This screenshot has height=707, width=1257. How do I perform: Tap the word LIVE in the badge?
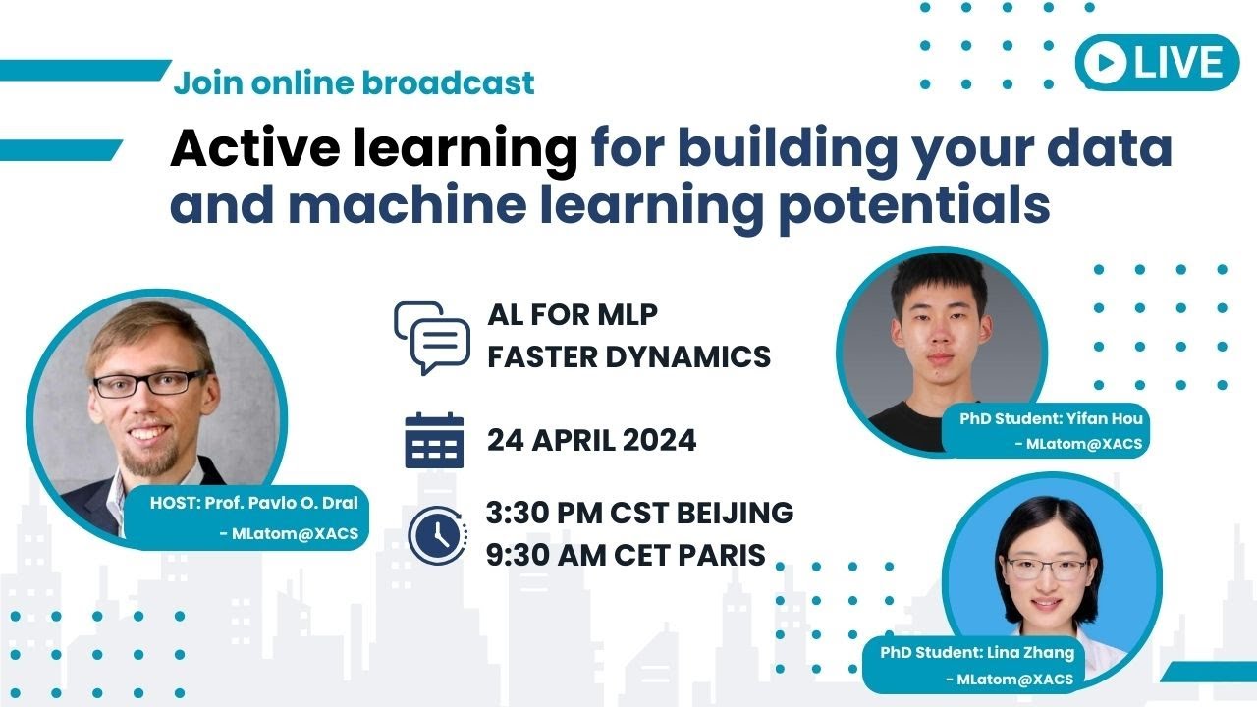[x=1177, y=62]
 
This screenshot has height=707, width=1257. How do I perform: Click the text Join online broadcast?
[x=355, y=83]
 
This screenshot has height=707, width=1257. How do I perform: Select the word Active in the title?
[x=255, y=147]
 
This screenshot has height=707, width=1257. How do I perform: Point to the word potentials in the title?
[x=914, y=205]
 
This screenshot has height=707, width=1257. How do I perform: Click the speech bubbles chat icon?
[x=432, y=338]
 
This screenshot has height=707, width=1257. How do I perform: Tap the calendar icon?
[x=434, y=441]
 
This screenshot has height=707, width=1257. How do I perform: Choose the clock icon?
[x=438, y=535]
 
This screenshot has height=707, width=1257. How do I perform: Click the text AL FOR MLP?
[x=573, y=314]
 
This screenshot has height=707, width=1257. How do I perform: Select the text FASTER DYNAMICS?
[x=629, y=356]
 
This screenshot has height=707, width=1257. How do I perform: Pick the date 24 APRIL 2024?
[x=591, y=440]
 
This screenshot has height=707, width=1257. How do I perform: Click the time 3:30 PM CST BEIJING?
[x=639, y=513]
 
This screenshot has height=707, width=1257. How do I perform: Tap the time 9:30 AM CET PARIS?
[x=626, y=555]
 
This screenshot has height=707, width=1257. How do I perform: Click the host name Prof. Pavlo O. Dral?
[x=281, y=503]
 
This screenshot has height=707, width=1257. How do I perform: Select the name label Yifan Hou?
[x=1105, y=418]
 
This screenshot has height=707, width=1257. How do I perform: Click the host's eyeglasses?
[x=150, y=382]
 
